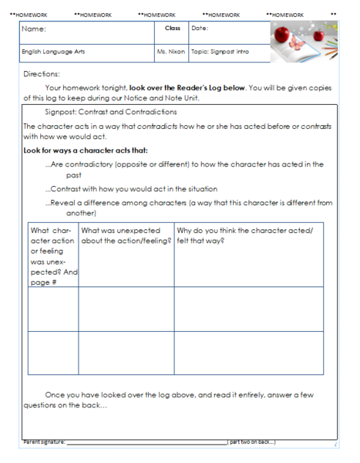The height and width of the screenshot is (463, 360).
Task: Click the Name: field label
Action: click(34, 29)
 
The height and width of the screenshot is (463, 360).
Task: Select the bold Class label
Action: click(172, 29)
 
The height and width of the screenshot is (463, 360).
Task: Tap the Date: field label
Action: click(200, 29)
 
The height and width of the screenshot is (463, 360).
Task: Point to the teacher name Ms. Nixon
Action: click(171, 52)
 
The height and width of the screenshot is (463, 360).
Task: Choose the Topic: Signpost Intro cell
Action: click(221, 52)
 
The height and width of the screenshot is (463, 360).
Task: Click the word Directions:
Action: click(42, 74)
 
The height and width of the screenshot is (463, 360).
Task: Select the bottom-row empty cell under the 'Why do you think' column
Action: click(248, 353)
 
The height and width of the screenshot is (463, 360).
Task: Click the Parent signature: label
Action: click(44, 442)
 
